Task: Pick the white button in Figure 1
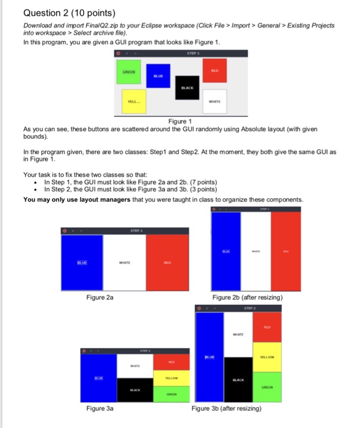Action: [x=215, y=103]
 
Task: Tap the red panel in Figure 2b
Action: [x=286, y=251]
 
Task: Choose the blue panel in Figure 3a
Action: [x=98, y=379]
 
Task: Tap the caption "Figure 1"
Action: [x=181, y=121]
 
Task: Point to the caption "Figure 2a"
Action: [x=100, y=297]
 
